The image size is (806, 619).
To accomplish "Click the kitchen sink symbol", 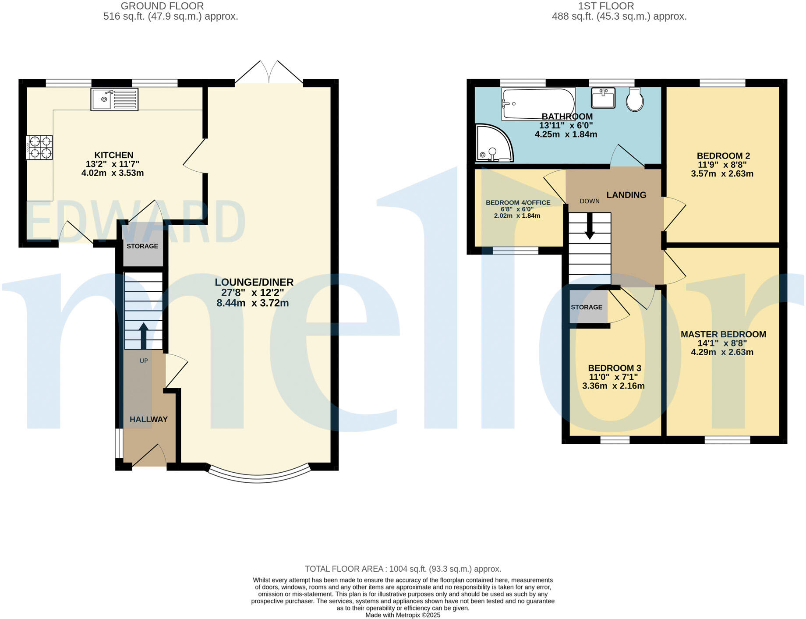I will (114, 99).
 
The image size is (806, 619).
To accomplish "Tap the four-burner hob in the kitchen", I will (39, 148).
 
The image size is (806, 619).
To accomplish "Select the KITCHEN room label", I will (114, 155).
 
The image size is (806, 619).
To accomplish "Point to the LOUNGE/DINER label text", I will (254, 282).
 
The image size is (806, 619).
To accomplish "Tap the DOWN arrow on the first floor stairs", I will (590, 226).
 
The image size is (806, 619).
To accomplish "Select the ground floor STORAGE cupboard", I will (142, 246).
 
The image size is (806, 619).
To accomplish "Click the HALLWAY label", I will (148, 419).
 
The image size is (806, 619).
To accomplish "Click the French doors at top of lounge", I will (269, 72).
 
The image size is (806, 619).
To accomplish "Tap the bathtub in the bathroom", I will (538, 103).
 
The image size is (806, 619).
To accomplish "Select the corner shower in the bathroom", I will (493, 144).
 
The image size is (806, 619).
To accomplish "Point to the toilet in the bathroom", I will (635, 99).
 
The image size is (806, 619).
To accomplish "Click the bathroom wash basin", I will (603, 98).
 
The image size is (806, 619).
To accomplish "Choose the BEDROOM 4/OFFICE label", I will (518, 203).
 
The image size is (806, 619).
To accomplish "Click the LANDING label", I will (626, 195).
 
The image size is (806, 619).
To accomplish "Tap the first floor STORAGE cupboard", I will (587, 307).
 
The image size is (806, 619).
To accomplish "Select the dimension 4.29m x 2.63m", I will (722, 352).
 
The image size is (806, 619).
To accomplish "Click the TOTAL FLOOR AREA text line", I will (403, 569).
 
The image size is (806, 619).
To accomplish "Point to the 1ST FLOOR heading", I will (606, 6).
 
